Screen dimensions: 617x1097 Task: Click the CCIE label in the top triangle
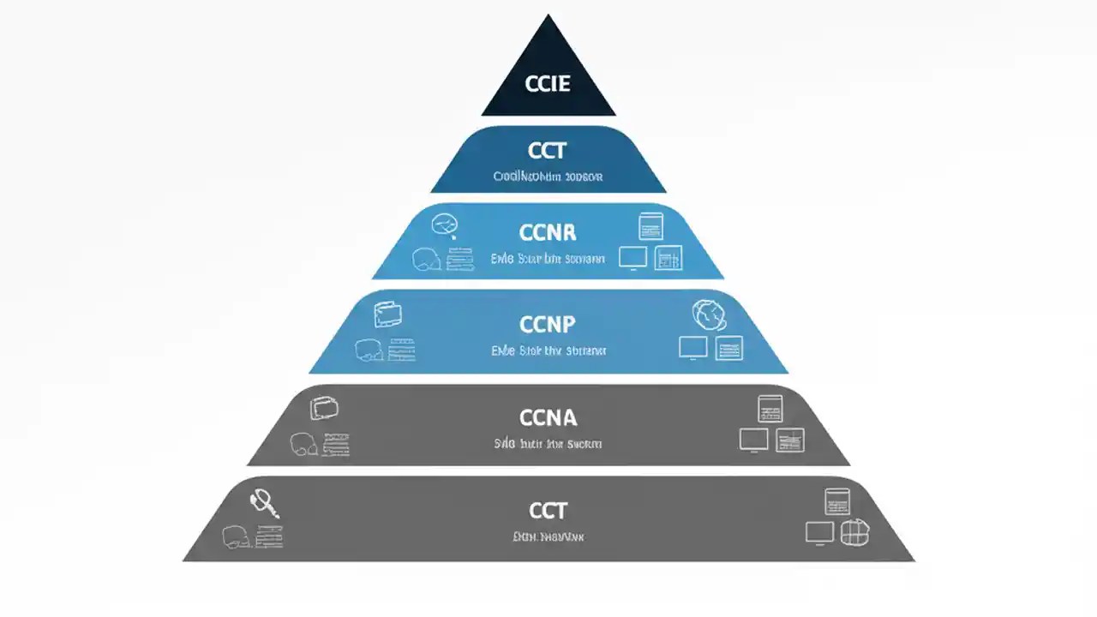pyautogui.click(x=548, y=84)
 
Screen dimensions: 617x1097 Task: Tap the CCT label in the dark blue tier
pyautogui.click(x=548, y=152)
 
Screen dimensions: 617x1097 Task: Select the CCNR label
pyautogui.click(x=548, y=232)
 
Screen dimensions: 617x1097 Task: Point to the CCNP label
pyautogui.click(x=548, y=324)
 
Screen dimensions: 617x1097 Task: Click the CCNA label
pyautogui.click(x=548, y=417)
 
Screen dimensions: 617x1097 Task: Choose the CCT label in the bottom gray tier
pyautogui.click(x=548, y=511)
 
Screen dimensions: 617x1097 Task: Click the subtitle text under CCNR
pyautogui.click(x=548, y=258)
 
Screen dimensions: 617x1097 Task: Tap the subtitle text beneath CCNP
pyautogui.click(x=548, y=350)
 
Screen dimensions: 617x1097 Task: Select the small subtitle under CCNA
pyautogui.click(x=548, y=444)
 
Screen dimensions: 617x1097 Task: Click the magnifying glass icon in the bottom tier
pyautogui.click(x=265, y=503)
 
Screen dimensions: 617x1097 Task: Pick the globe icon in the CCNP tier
pyautogui.click(x=709, y=315)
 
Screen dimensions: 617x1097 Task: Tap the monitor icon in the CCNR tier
pyautogui.click(x=633, y=256)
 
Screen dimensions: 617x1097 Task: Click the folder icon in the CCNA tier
pyautogui.click(x=324, y=408)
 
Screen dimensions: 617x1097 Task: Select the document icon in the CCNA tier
pyautogui.click(x=770, y=408)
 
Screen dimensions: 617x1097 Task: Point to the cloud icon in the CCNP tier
pyautogui.click(x=369, y=350)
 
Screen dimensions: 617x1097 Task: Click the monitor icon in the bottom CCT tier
pyautogui.click(x=819, y=532)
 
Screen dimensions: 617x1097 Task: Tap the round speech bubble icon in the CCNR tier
pyautogui.click(x=444, y=225)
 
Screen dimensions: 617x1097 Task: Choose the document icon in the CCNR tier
pyautogui.click(x=651, y=226)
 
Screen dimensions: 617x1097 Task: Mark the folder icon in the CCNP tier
pyautogui.click(x=388, y=314)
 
